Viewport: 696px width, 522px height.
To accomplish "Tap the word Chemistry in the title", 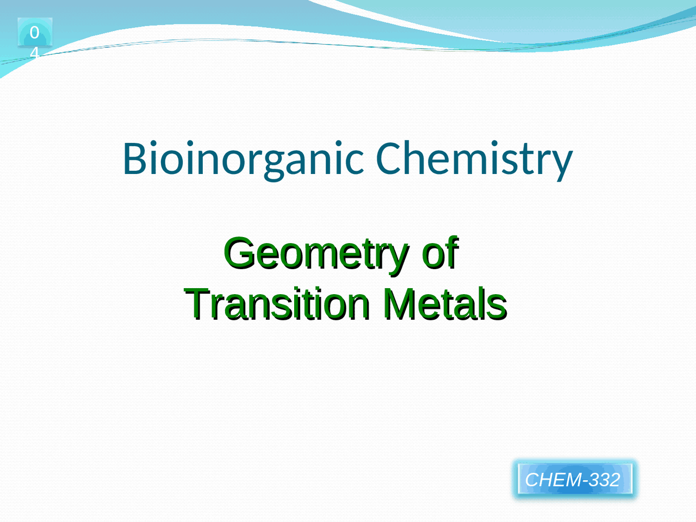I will (474, 158).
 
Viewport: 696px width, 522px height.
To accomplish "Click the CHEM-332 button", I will (574, 479).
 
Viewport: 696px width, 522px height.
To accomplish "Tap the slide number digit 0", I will (34, 33).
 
